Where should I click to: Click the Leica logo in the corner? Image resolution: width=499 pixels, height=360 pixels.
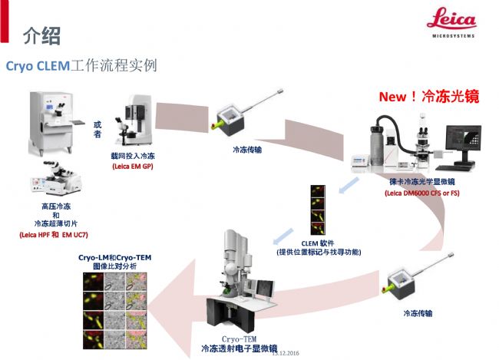pos(451,23)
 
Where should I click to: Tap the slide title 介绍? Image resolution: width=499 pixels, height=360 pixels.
pos(41,35)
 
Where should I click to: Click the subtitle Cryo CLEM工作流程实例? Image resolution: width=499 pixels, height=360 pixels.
pos(81,66)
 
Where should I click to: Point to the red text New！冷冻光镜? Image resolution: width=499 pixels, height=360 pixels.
pos(428,97)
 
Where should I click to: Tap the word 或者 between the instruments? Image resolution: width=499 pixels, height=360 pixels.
pos(97,128)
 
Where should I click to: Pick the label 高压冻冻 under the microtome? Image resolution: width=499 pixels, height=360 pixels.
pos(55,206)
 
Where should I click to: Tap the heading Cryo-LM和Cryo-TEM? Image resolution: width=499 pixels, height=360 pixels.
pos(112,257)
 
